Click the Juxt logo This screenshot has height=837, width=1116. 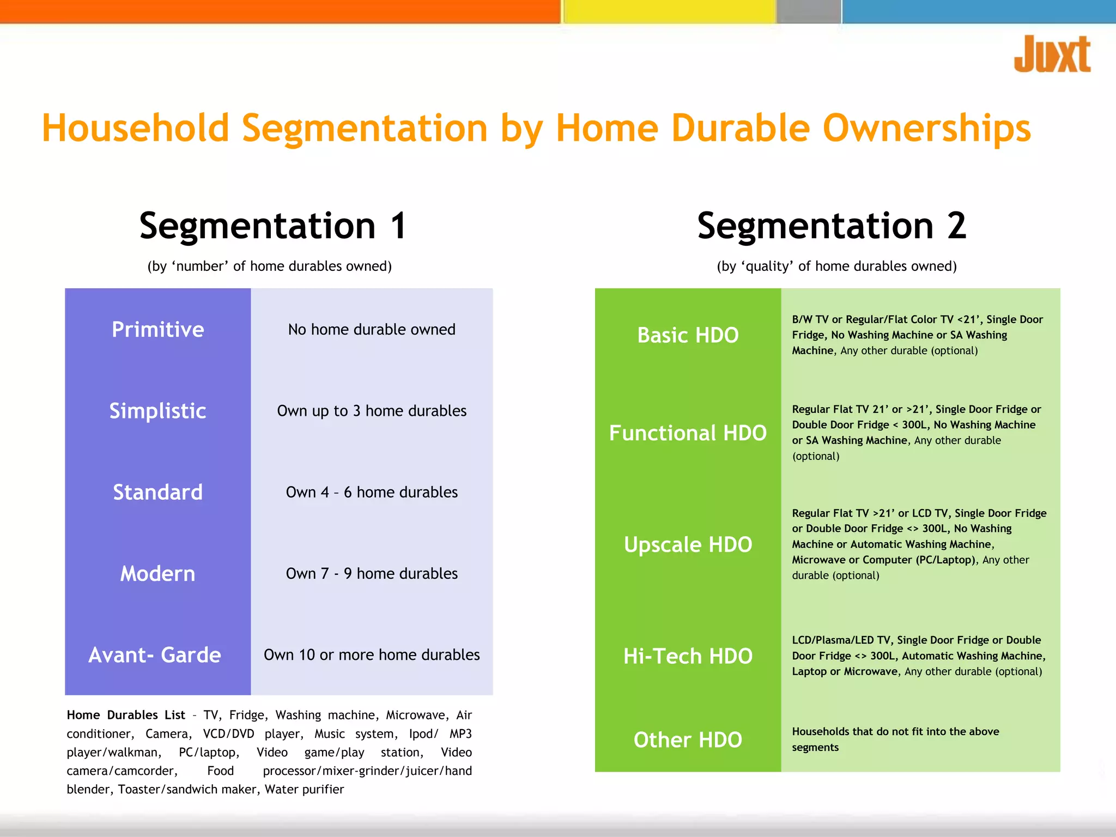(x=1052, y=54)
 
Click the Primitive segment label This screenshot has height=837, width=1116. (x=157, y=330)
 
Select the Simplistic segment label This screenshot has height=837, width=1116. (x=157, y=411)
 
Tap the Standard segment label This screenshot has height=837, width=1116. (x=157, y=492)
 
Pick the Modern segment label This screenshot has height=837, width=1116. (x=157, y=574)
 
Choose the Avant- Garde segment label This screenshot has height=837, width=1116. (x=155, y=655)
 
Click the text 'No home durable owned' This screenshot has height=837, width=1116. (x=372, y=330)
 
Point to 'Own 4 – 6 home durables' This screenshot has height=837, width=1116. (x=372, y=492)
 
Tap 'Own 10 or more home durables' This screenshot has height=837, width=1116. (x=372, y=655)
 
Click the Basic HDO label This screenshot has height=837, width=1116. (x=688, y=335)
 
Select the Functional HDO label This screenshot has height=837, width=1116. (x=688, y=433)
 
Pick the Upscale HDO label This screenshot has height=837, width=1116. (x=688, y=545)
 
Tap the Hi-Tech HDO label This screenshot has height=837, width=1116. (x=688, y=656)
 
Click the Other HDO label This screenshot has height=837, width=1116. (x=688, y=740)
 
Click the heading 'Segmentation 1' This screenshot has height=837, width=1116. (x=273, y=226)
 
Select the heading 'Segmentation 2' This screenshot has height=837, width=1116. (x=832, y=226)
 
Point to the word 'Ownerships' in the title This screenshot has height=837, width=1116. (x=926, y=129)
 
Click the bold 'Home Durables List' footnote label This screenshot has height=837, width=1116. (x=126, y=715)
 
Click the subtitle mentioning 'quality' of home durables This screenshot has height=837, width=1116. (x=836, y=266)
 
